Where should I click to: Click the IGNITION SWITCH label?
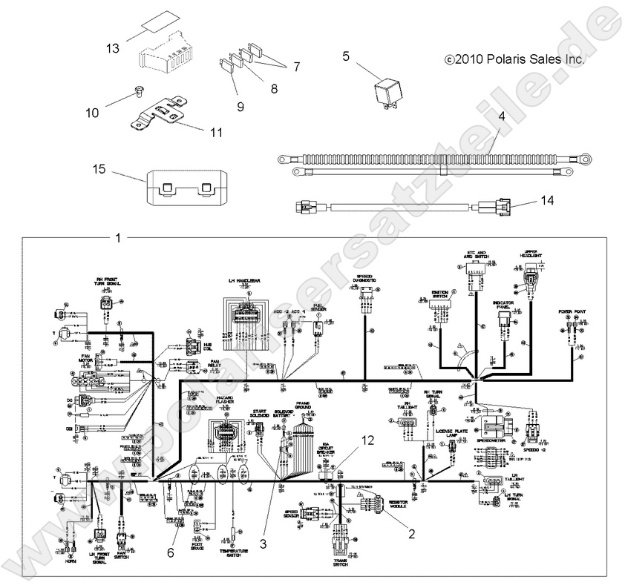439,294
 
